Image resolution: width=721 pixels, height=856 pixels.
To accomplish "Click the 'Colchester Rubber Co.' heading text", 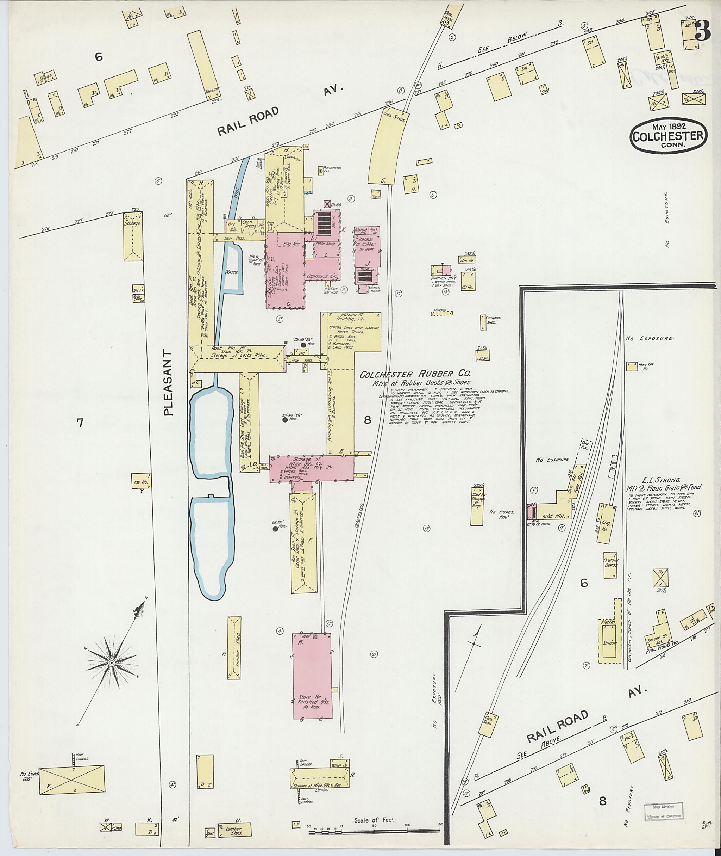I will pyautogui.click(x=415, y=374).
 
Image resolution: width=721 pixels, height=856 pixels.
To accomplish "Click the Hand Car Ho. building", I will pyautogui.click(x=632, y=366).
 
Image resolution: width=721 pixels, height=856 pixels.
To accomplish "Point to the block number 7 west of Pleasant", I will pyautogui.click(x=80, y=422).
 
